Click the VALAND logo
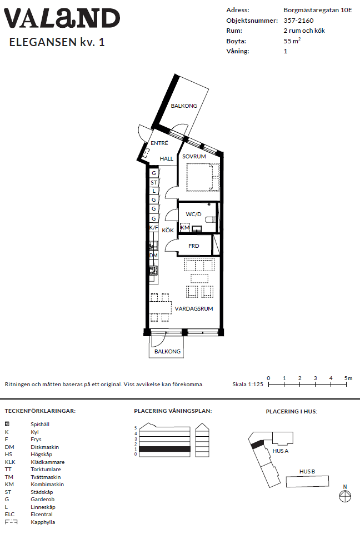62,18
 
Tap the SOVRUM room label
194,156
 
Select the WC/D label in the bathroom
193,214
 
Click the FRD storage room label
193,246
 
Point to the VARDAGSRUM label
194,309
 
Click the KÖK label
168,230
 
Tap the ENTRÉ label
159,143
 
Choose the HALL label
167,158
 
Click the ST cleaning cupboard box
154,182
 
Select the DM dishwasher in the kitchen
153,256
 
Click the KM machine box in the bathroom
185,227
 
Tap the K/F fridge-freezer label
154,228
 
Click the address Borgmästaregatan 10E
318,10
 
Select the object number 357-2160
298,20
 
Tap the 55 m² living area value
292,41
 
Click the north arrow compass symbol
345,496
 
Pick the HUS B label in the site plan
307,472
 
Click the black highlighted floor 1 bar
164,449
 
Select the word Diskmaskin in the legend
44,447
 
